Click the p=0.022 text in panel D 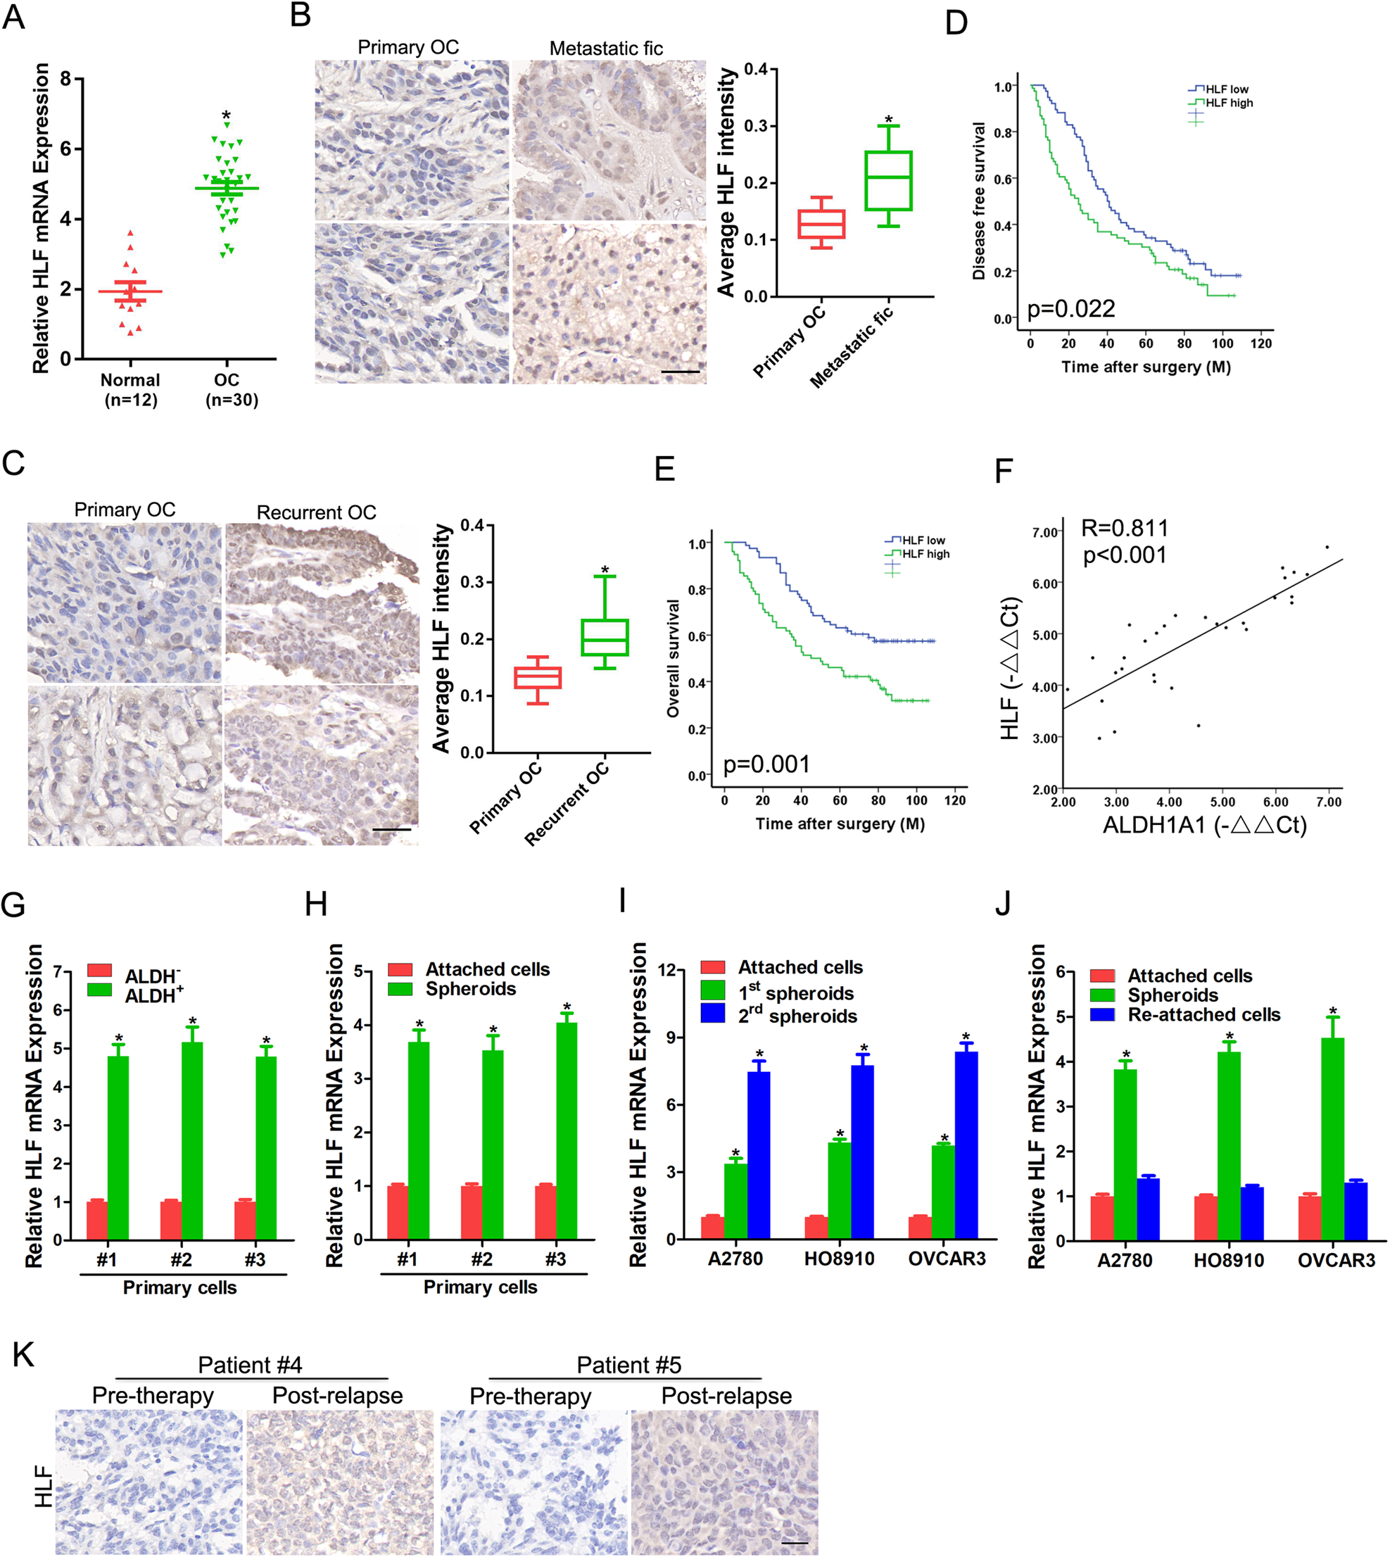1070,308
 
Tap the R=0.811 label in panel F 1124,528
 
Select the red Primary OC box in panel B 821,224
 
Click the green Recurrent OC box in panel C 604,637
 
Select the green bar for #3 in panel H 566,1130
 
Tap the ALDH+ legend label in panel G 153,995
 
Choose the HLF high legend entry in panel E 925,554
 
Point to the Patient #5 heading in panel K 628,1364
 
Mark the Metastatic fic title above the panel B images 606,48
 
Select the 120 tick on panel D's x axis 1261,343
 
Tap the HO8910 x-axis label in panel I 839,1259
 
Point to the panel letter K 24,1354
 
